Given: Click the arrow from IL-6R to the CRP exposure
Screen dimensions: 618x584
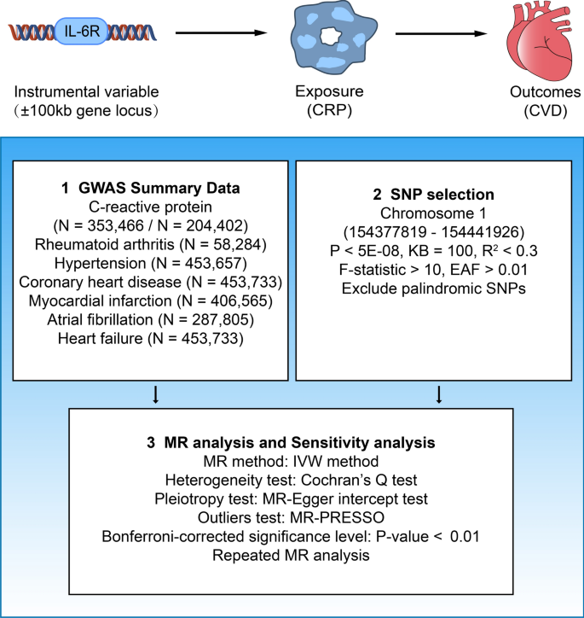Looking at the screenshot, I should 217,35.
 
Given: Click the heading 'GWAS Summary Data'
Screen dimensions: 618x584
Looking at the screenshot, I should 149,187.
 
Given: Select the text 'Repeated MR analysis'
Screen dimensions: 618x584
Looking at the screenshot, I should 292,557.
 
